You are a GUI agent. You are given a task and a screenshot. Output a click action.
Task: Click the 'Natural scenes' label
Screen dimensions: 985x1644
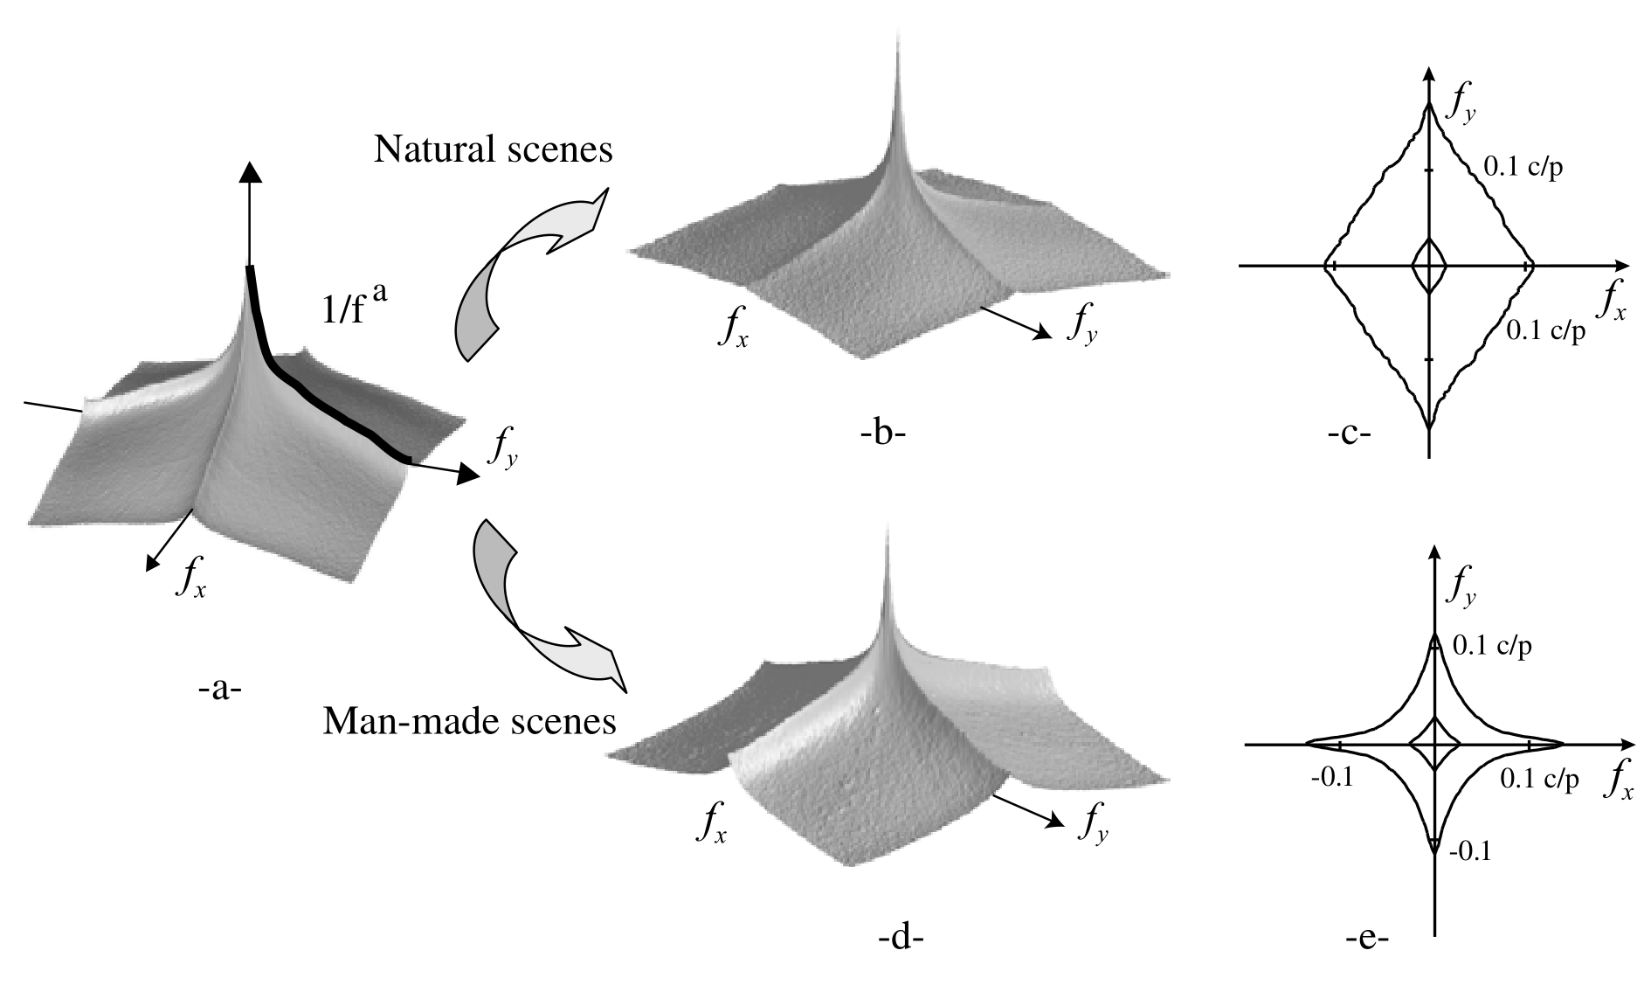pos(493,150)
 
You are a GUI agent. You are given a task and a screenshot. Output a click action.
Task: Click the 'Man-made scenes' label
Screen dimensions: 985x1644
pos(469,723)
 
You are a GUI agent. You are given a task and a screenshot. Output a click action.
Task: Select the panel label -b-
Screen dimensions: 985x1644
pos(880,433)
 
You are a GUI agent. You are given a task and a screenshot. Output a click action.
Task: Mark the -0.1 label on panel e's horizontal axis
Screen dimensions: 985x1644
pos(1332,777)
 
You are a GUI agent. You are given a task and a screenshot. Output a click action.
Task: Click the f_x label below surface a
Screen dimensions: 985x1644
pos(190,578)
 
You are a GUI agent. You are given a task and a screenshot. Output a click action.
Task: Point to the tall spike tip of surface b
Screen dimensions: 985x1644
pos(895,39)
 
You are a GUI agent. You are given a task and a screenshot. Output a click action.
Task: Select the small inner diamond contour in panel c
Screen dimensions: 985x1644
pos(1429,265)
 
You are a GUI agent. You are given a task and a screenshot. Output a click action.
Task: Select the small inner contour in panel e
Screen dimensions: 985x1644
pos(1435,744)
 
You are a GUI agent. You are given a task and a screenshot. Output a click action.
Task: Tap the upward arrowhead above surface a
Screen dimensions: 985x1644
pos(251,171)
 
